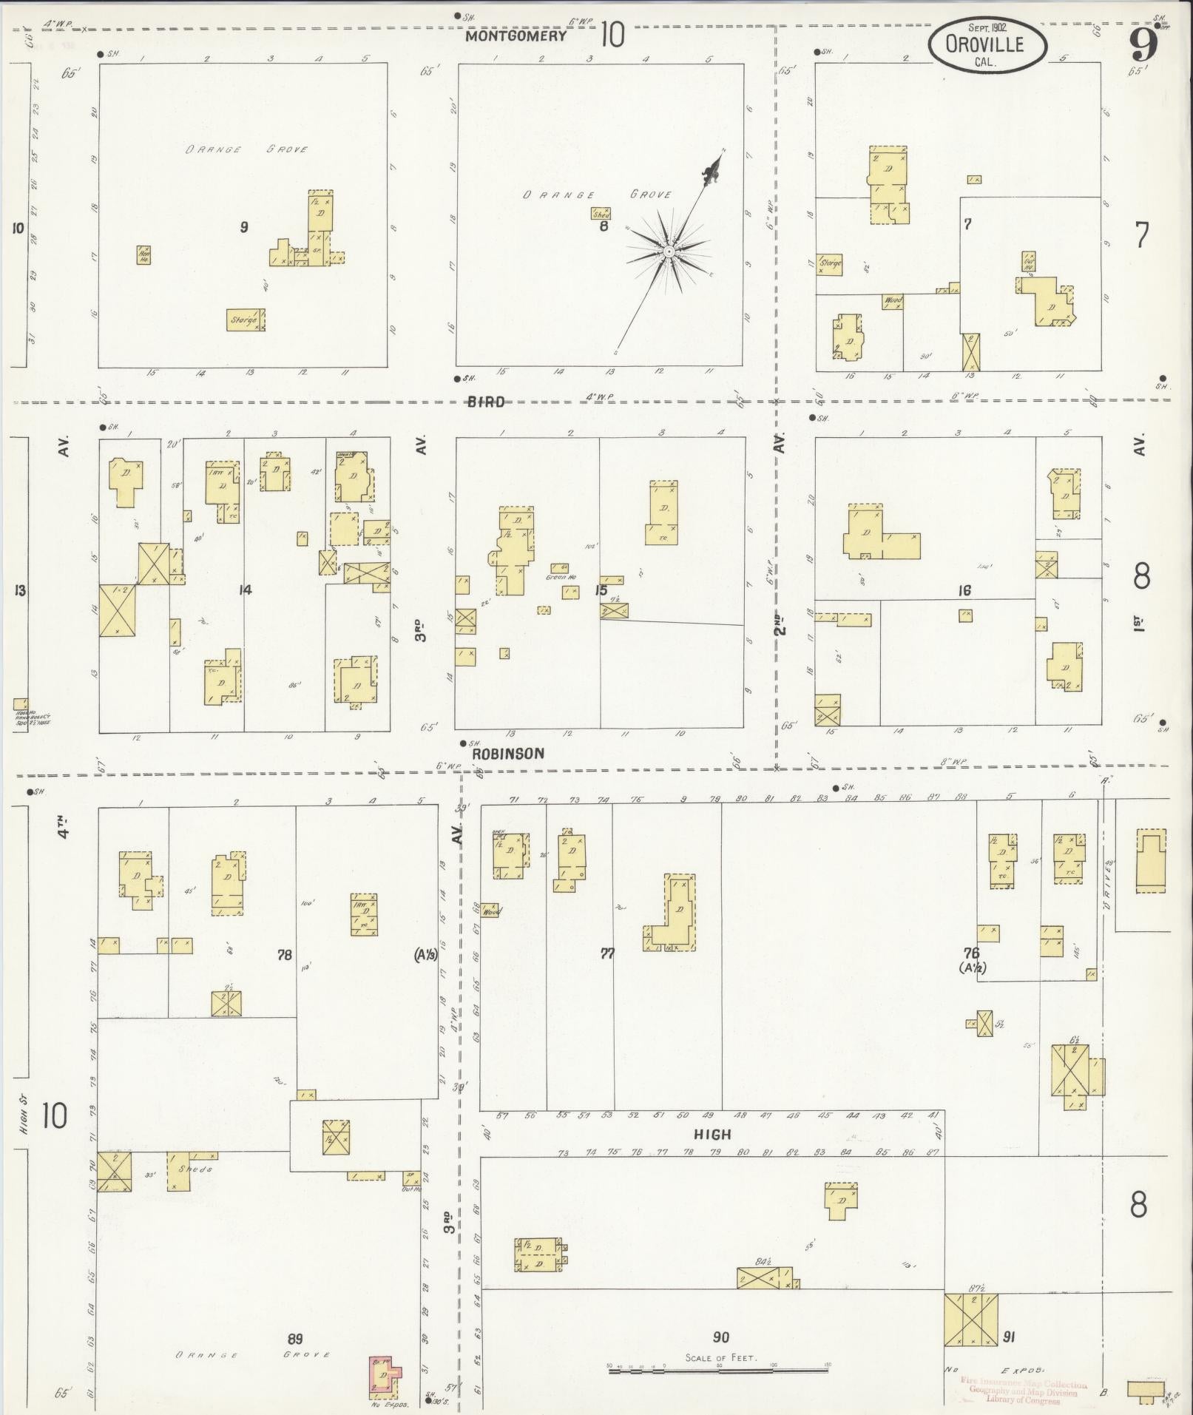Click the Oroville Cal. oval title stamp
(x=987, y=45)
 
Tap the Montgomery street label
(x=517, y=36)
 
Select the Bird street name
(x=486, y=402)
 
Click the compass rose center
(x=668, y=252)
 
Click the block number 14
(x=245, y=590)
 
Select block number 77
(x=607, y=954)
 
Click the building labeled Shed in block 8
(x=601, y=214)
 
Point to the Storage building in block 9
(x=245, y=320)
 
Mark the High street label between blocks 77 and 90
(x=712, y=1134)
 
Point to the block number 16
(x=964, y=590)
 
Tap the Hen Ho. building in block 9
(x=143, y=255)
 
